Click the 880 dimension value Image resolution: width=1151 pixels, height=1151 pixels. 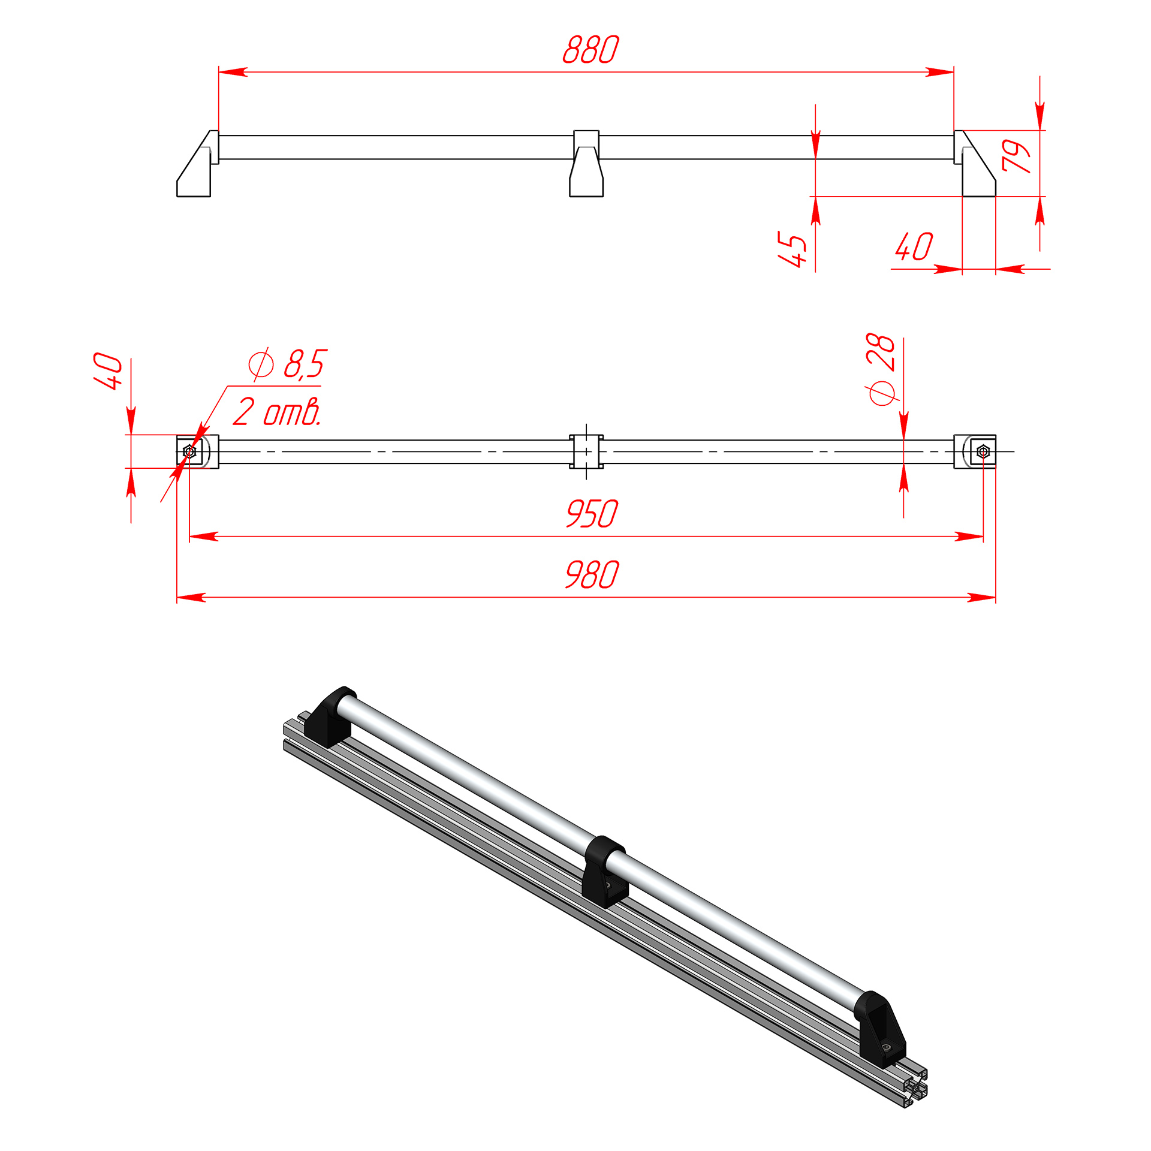tap(590, 49)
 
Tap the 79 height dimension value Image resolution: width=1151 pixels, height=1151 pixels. tap(1017, 156)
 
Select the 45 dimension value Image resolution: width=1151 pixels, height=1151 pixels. tap(793, 249)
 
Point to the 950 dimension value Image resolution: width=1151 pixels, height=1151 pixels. tap(592, 514)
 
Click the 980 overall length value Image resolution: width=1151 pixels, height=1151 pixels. tap(592, 575)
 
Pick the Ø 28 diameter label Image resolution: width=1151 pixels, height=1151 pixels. tap(881, 369)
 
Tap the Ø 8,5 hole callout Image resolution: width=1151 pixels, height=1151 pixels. tap(288, 364)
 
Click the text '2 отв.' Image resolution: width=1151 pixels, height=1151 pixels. tap(277, 412)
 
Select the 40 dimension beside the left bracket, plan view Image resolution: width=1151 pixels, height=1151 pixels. tap(108, 371)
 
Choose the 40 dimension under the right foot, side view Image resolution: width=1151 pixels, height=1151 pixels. tap(914, 246)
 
